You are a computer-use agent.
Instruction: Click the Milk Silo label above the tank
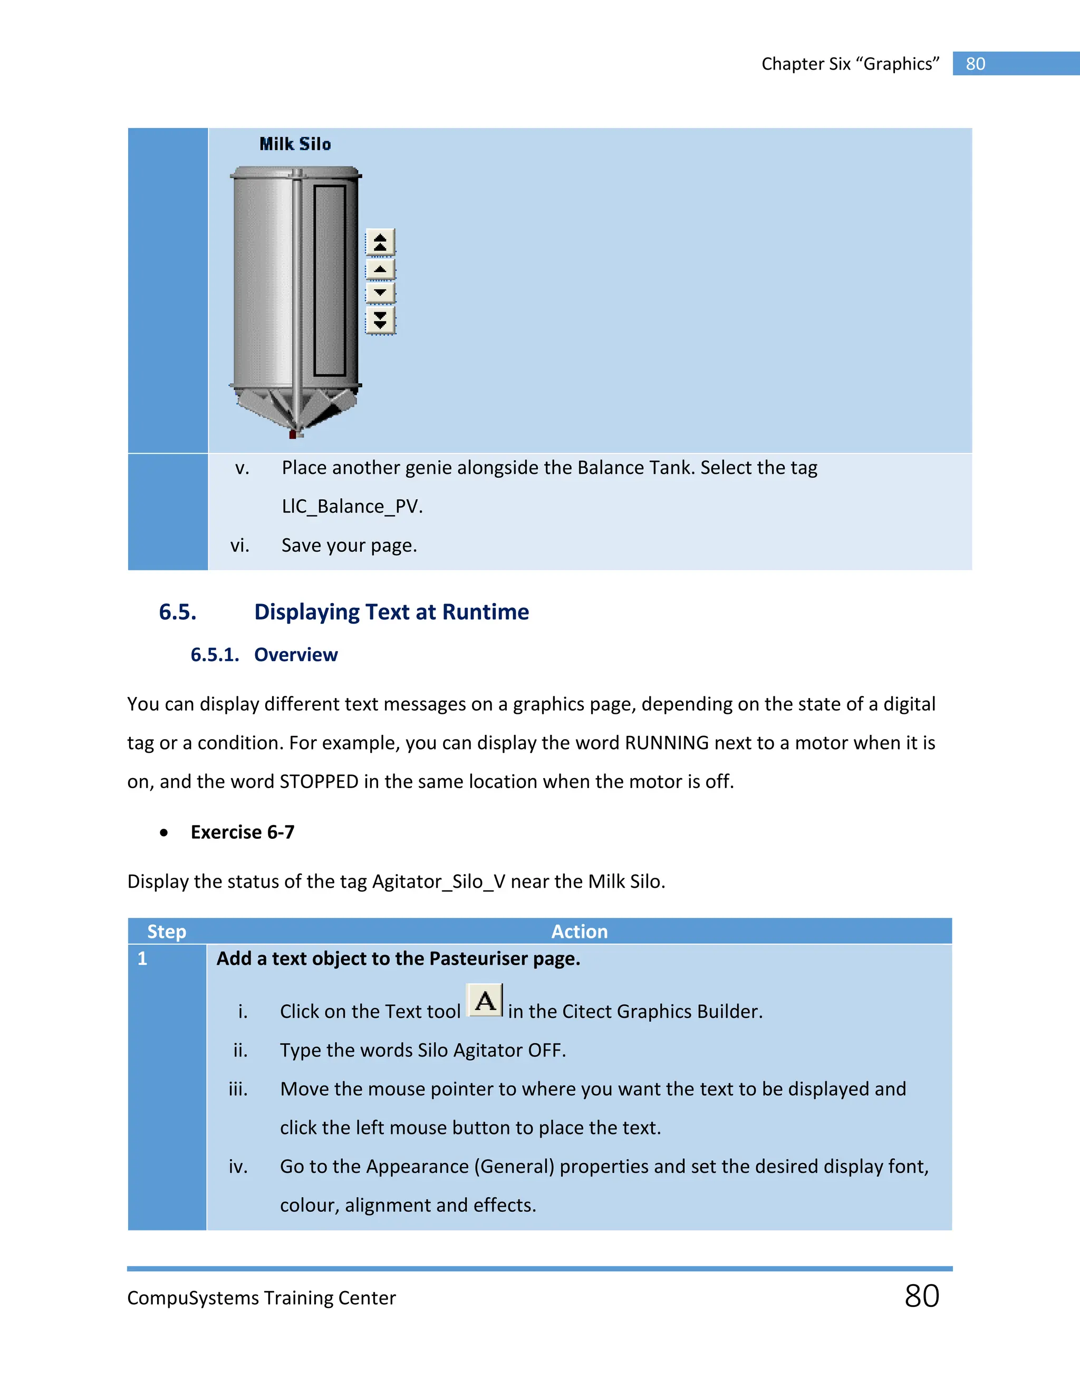coord(295,144)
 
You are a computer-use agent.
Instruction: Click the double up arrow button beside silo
coord(380,242)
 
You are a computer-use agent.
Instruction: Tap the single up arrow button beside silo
coord(380,269)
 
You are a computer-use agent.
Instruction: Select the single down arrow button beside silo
coord(380,293)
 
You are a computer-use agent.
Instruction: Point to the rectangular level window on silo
coord(330,280)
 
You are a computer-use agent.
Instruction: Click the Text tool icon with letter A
coord(485,1001)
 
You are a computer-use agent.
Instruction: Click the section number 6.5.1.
coord(214,655)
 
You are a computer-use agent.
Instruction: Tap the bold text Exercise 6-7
coord(243,832)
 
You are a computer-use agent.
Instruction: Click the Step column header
coord(166,932)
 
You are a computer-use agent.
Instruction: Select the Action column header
coord(579,932)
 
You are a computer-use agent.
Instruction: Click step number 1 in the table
coord(142,958)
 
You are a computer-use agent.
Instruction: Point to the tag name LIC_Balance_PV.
coord(351,507)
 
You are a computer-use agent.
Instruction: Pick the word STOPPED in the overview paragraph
coord(319,782)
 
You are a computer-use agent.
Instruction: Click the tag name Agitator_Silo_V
coord(438,881)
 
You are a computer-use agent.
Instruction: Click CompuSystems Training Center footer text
coord(261,1298)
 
